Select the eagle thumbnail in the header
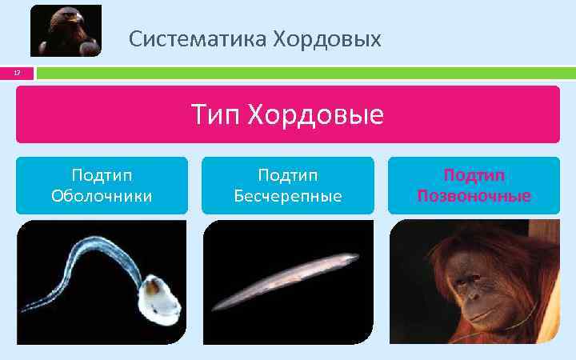pyautogui.click(x=66, y=30)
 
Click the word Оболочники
pyautogui.click(x=102, y=195)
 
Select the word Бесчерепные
pyautogui.click(x=288, y=195)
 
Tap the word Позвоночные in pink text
pyautogui.click(x=474, y=196)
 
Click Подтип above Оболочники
pyautogui.click(x=102, y=175)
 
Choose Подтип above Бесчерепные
pyautogui.click(x=288, y=175)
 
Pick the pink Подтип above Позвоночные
pyautogui.click(x=474, y=175)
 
